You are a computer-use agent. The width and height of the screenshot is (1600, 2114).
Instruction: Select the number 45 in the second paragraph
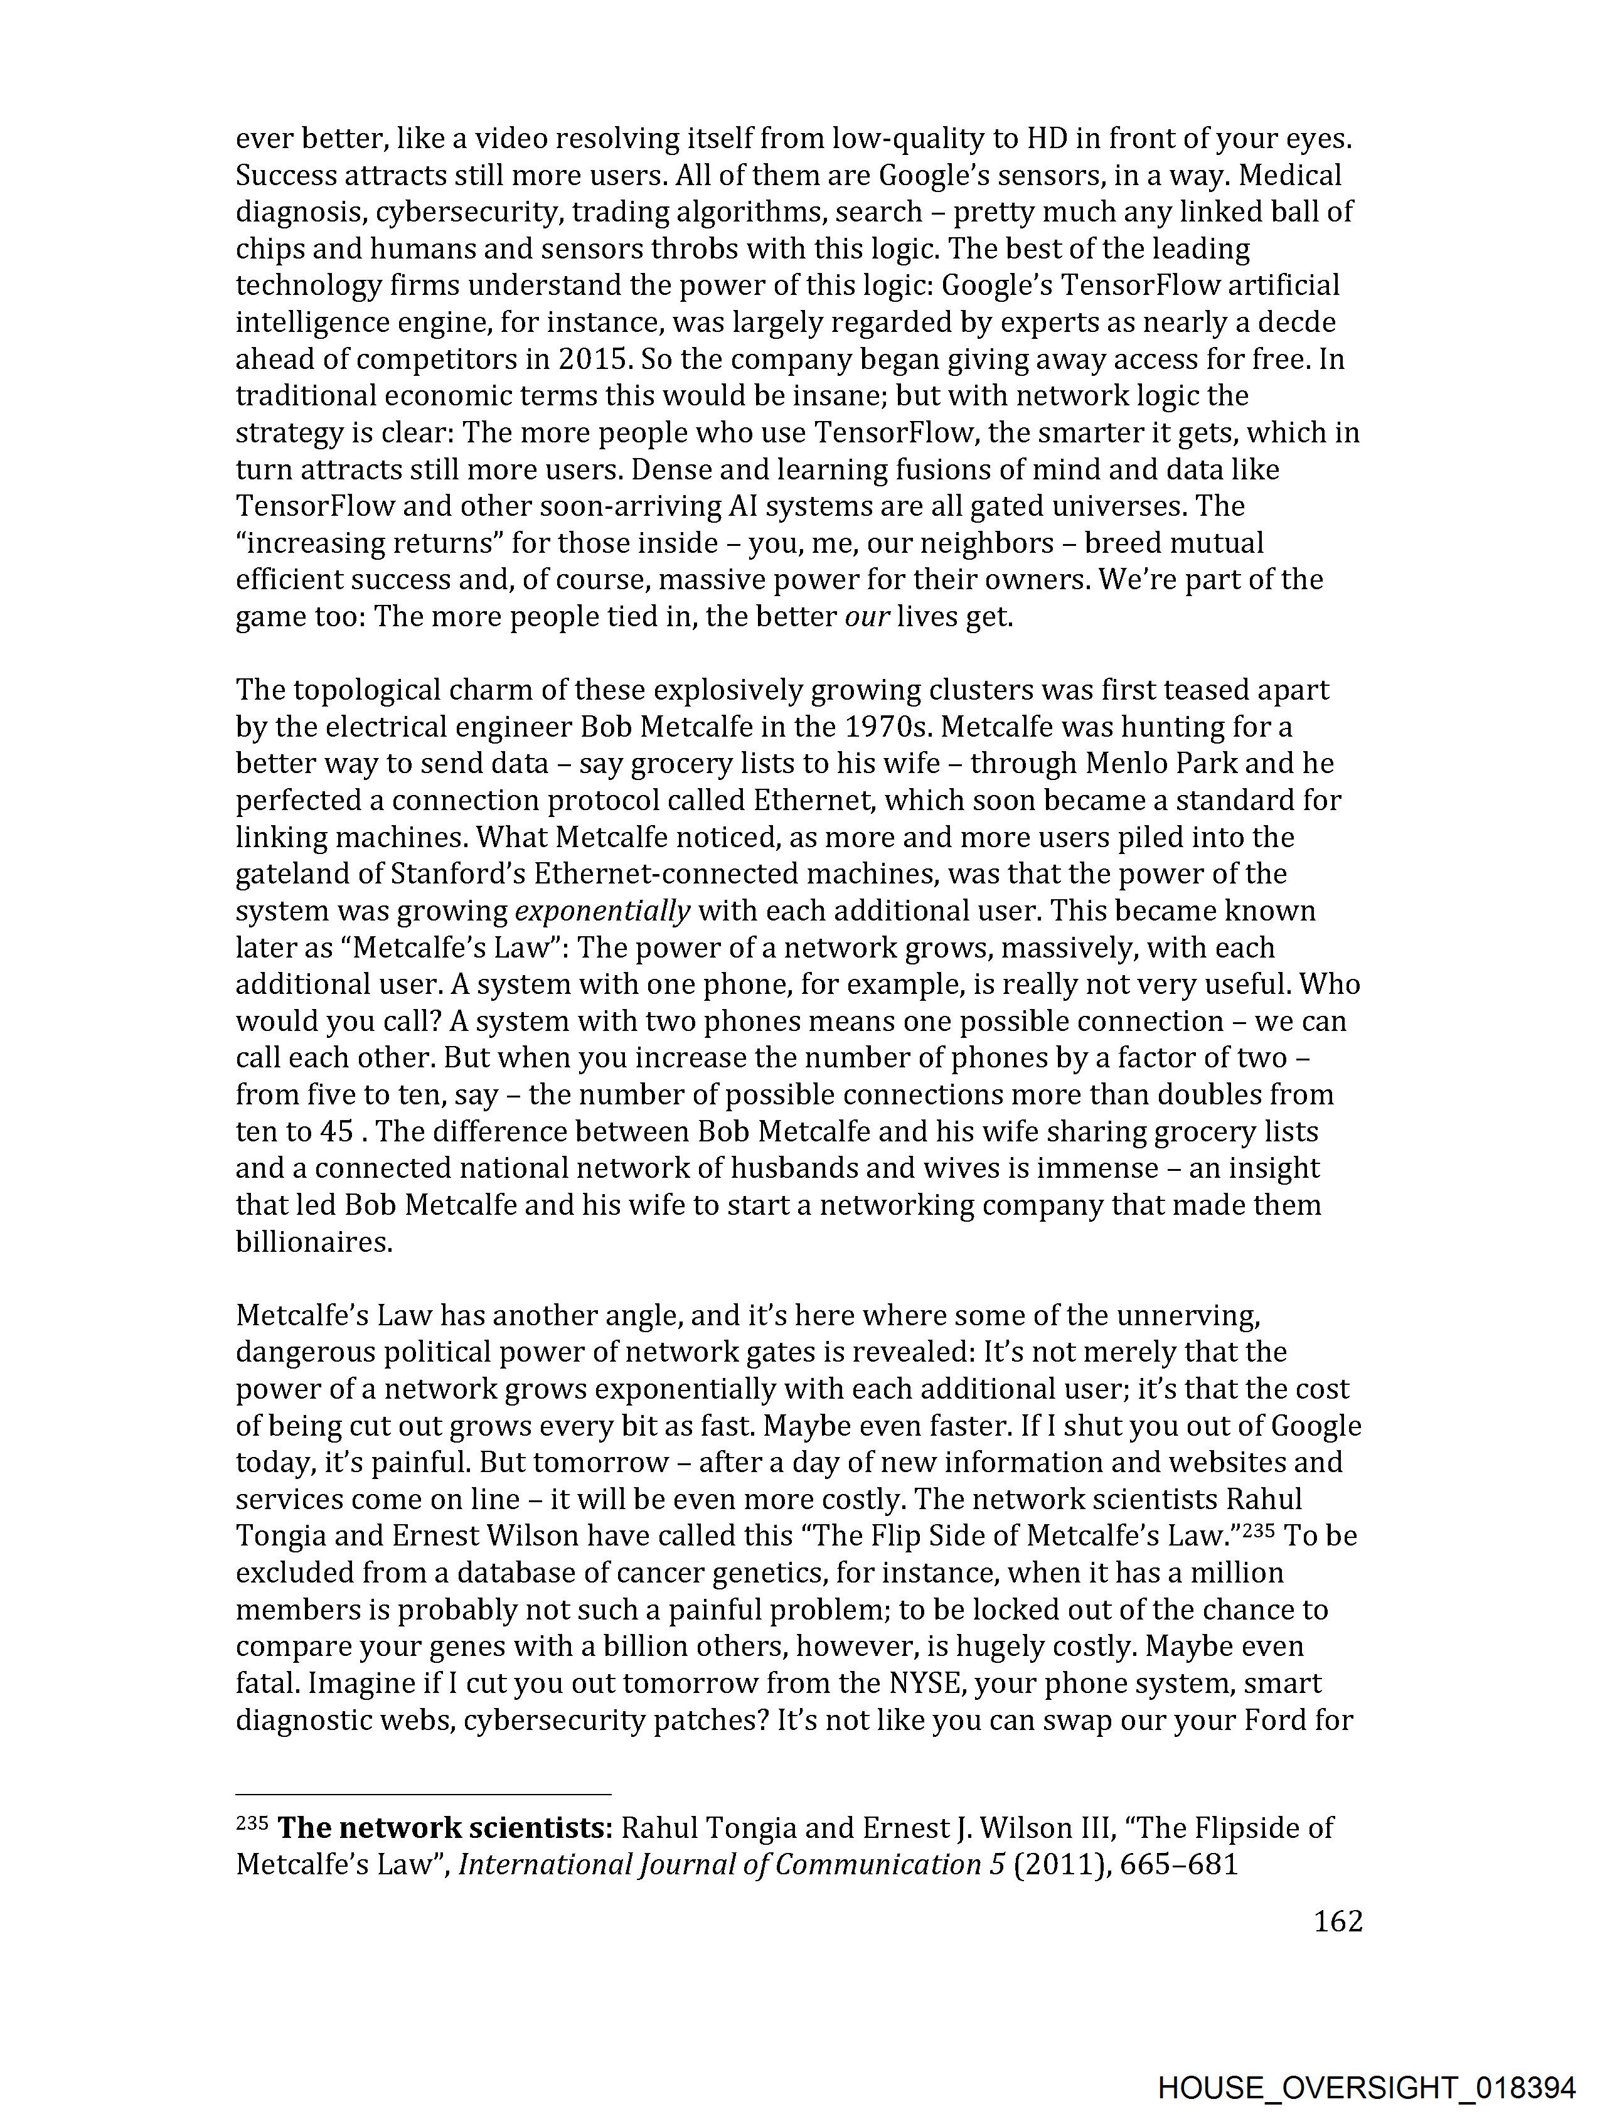(x=336, y=1131)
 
